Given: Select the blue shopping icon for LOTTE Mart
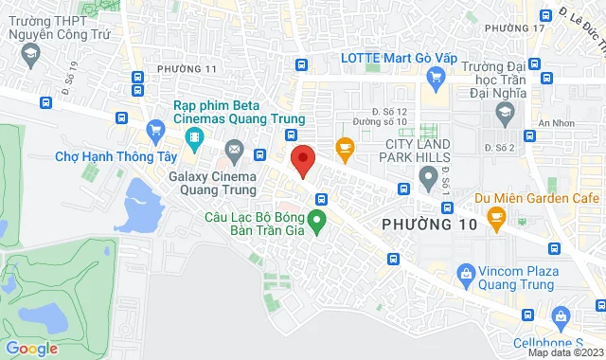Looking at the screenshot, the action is click(x=437, y=77).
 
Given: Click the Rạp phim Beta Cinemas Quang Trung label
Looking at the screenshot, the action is click(x=239, y=112).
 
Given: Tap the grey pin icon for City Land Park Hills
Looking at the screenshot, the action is click(x=428, y=175).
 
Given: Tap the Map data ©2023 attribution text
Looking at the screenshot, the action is click(x=564, y=352).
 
